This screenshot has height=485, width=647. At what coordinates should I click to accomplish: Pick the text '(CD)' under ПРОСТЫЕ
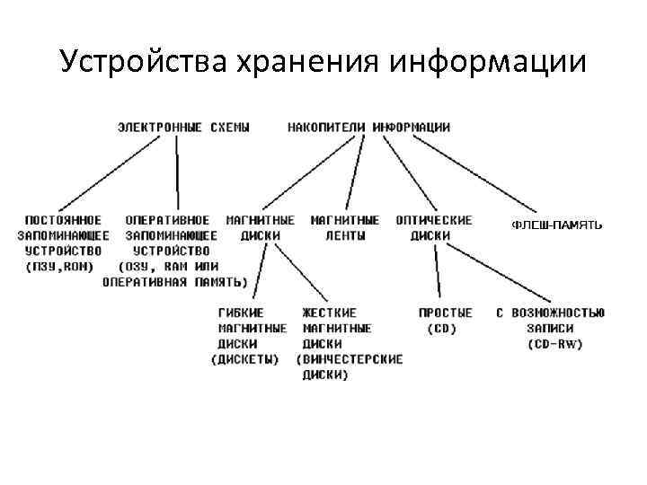coord(441,328)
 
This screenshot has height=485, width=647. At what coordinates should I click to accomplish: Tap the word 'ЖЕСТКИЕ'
coord(329,313)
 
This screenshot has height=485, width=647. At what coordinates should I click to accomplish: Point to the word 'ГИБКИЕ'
coord(241,313)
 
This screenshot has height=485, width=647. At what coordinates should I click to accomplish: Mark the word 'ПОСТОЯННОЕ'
coord(63,220)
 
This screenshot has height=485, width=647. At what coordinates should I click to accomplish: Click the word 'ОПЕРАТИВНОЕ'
coord(167,220)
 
